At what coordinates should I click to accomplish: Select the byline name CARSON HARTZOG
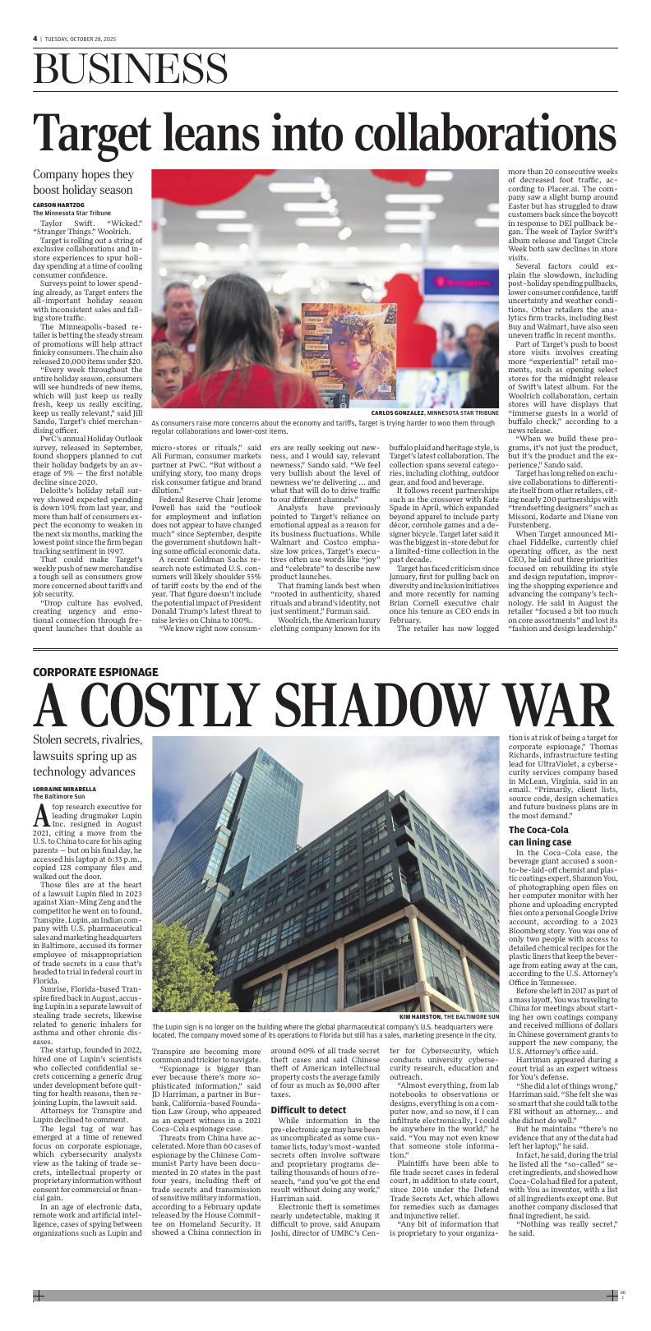(58, 205)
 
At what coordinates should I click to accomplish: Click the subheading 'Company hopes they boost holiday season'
(83, 182)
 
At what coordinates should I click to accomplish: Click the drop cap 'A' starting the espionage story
(42, 816)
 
